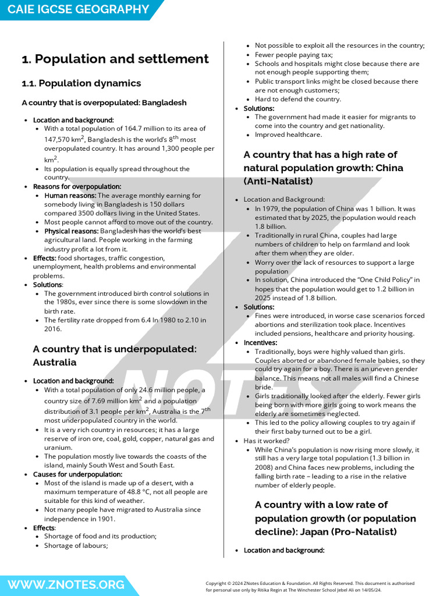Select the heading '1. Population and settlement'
(x=115, y=59)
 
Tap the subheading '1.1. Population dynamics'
(x=81, y=83)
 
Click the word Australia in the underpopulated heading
(x=55, y=362)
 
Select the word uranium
(x=59, y=448)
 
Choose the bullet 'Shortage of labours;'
(x=76, y=545)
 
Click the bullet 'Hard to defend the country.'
(x=297, y=99)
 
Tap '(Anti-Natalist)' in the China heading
(x=278, y=181)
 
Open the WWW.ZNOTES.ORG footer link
(x=66, y=584)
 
